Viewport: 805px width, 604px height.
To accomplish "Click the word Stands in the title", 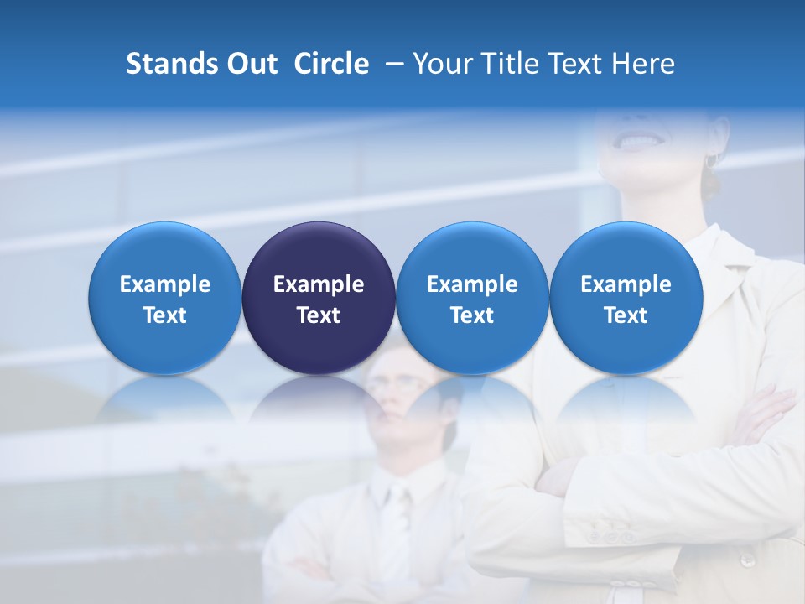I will point(165,64).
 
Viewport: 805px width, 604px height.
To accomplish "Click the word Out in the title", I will point(251,64).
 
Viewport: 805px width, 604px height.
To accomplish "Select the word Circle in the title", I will point(331,64).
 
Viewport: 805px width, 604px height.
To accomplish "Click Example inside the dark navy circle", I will point(319,284).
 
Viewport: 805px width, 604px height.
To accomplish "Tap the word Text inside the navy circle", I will point(319,315).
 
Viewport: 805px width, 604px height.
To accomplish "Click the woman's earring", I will point(710,159).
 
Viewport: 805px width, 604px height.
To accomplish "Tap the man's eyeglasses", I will point(394,384).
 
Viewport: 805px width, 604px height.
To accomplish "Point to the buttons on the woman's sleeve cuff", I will point(606,534).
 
